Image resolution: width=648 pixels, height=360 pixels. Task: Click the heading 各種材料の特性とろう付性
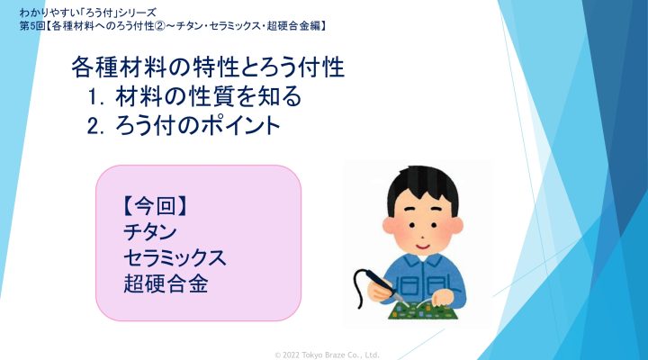pyautogui.click(x=208, y=67)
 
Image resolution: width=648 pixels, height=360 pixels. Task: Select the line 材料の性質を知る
pyautogui.click(x=208, y=96)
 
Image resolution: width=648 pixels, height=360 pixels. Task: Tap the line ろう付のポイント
pyautogui.click(x=197, y=125)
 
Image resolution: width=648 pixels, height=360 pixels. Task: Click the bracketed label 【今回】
pyautogui.click(x=156, y=206)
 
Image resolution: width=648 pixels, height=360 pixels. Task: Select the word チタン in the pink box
pyautogui.click(x=150, y=232)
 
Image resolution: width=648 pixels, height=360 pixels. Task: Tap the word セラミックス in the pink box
pyautogui.click(x=175, y=257)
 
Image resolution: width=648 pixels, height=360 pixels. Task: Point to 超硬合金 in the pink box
pyautogui.click(x=166, y=283)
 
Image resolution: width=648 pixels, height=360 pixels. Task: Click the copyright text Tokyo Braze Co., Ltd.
pyautogui.click(x=327, y=355)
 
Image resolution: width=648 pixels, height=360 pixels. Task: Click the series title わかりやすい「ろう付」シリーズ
pyautogui.click(x=87, y=13)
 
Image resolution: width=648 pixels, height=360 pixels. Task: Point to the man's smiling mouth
pyautogui.click(x=422, y=247)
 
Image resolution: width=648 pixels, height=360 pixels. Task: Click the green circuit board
pyautogui.click(x=421, y=310)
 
